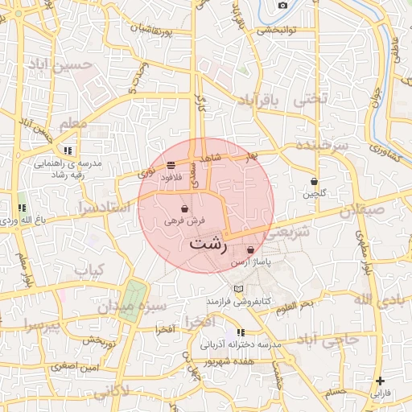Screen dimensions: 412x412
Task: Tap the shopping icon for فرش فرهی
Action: pos(186,208)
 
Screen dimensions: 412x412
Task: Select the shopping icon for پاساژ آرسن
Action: pos(251,250)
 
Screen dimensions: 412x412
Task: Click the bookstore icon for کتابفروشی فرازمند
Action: pos(238,289)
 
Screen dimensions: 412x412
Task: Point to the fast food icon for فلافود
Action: pos(171,166)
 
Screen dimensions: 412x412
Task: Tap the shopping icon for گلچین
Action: pos(315,182)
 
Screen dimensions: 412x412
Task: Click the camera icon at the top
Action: pos(282,6)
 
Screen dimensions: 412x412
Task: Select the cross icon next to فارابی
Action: pos(380,381)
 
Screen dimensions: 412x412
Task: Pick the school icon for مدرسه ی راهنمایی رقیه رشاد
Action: pos(69,150)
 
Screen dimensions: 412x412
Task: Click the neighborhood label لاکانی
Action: pos(110,393)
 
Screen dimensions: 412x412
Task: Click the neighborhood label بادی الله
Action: pos(375,299)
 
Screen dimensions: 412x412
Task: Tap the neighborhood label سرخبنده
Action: pos(321,146)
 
